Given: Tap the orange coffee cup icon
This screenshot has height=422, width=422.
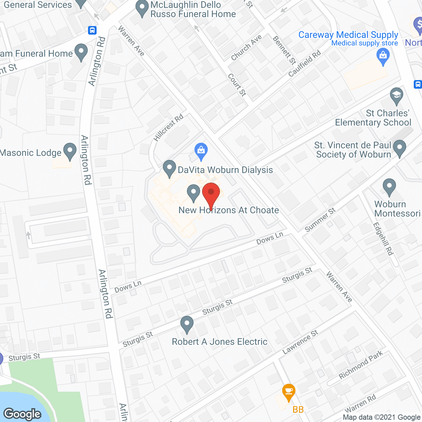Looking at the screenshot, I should click(x=289, y=391).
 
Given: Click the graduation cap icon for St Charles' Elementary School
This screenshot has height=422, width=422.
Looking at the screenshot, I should click(x=396, y=96).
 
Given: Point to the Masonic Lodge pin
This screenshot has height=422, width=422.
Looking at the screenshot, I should click(x=70, y=151).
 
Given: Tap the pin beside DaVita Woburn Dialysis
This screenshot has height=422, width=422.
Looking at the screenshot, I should click(x=169, y=168).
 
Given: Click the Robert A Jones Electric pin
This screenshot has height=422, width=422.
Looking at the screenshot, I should click(x=187, y=324).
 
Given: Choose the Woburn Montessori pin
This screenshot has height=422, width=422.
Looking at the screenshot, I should click(x=389, y=187).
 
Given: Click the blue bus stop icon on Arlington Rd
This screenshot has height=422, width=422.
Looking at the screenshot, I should click(x=92, y=30).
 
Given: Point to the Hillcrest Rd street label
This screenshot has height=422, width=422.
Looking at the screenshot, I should click(x=168, y=128).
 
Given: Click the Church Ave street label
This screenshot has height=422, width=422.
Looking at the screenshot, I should click(x=246, y=47).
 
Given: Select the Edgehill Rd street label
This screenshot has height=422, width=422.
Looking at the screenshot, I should click(x=383, y=239).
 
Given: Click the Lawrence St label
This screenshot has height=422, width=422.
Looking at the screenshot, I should click(x=300, y=342).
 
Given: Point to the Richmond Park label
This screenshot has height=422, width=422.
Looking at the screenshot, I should click(x=361, y=365).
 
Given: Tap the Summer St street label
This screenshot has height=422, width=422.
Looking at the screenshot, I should click(x=320, y=220).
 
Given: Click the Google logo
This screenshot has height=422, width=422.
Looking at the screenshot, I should click(x=22, y=414).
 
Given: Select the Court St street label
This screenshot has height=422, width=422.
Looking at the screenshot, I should click(x=237, y=85).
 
